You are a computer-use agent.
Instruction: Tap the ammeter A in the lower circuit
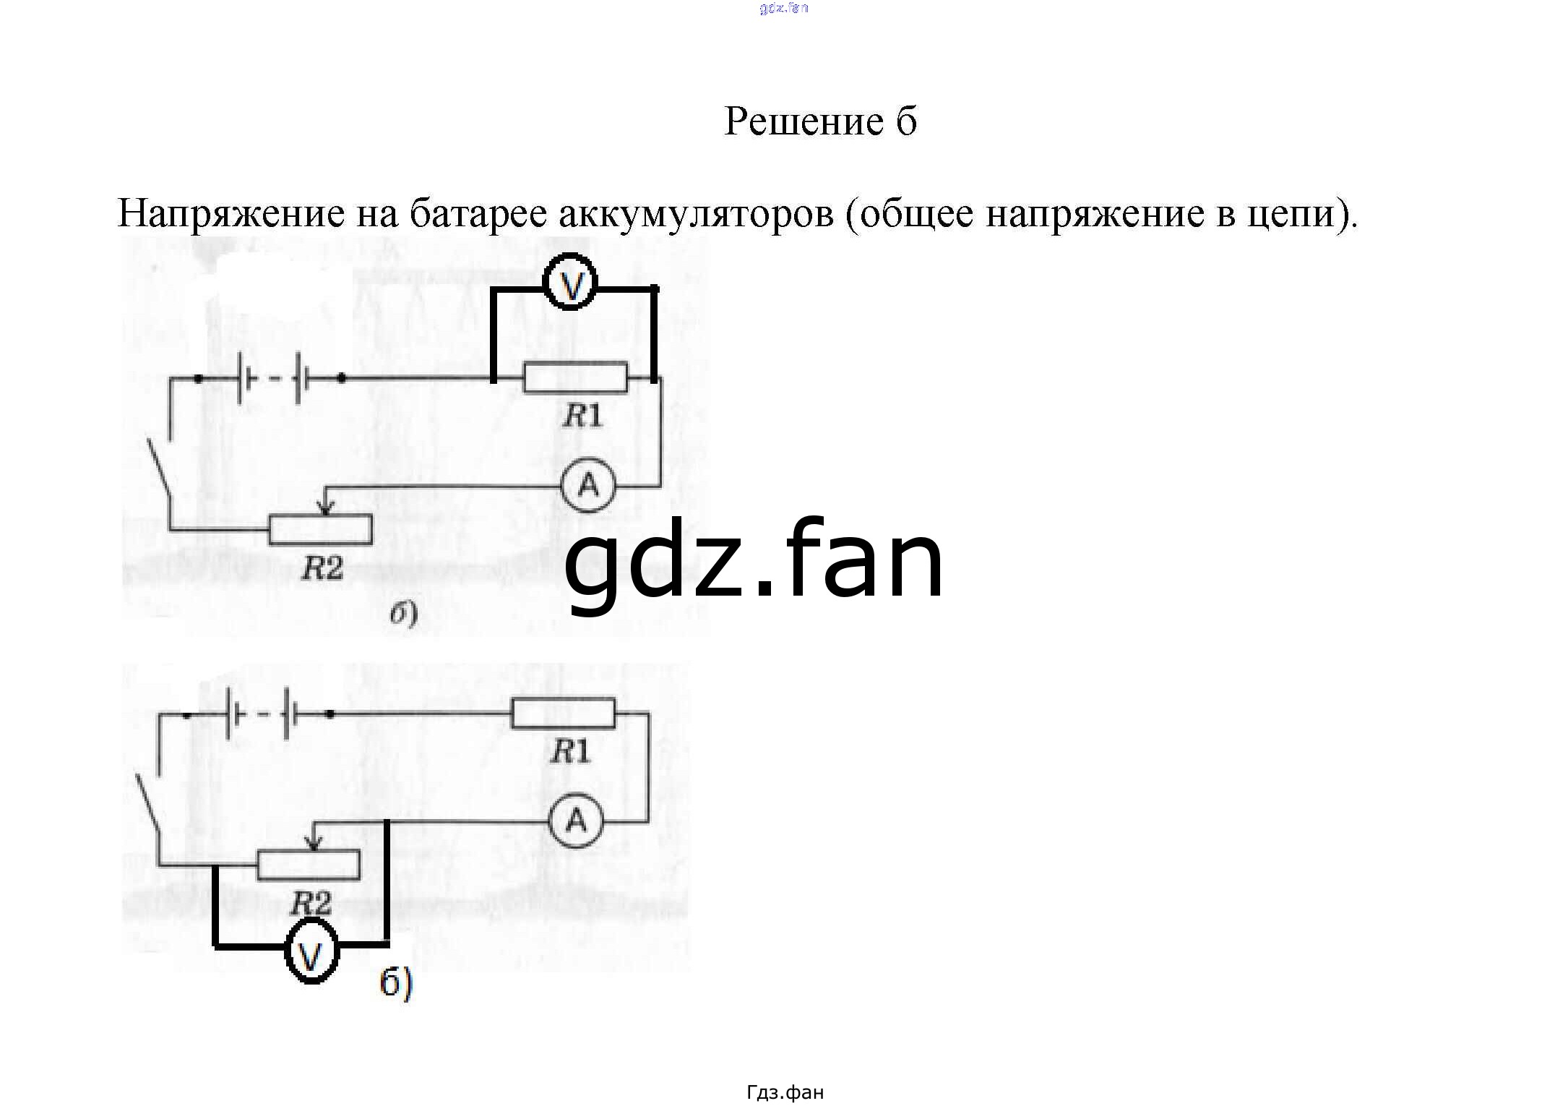click(575, 820)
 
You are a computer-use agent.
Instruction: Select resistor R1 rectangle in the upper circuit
click(575, 377)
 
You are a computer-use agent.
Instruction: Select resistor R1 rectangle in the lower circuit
click(563, 713)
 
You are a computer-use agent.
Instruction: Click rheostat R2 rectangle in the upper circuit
click(321, 529)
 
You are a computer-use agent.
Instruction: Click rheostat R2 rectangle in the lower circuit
click(309, 865)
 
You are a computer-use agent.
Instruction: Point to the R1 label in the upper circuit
click(582, 416)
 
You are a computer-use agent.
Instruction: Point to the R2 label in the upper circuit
click(322, 569)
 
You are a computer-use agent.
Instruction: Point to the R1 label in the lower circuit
click(570, 753)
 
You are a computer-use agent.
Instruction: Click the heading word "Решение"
click(804, 121)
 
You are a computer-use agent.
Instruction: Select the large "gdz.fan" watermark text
click(754, 562)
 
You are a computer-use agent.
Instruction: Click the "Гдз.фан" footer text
click(785, 1092)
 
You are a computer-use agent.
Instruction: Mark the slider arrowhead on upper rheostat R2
click(325, 509)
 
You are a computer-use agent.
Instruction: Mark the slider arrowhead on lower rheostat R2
click(314, 844)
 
